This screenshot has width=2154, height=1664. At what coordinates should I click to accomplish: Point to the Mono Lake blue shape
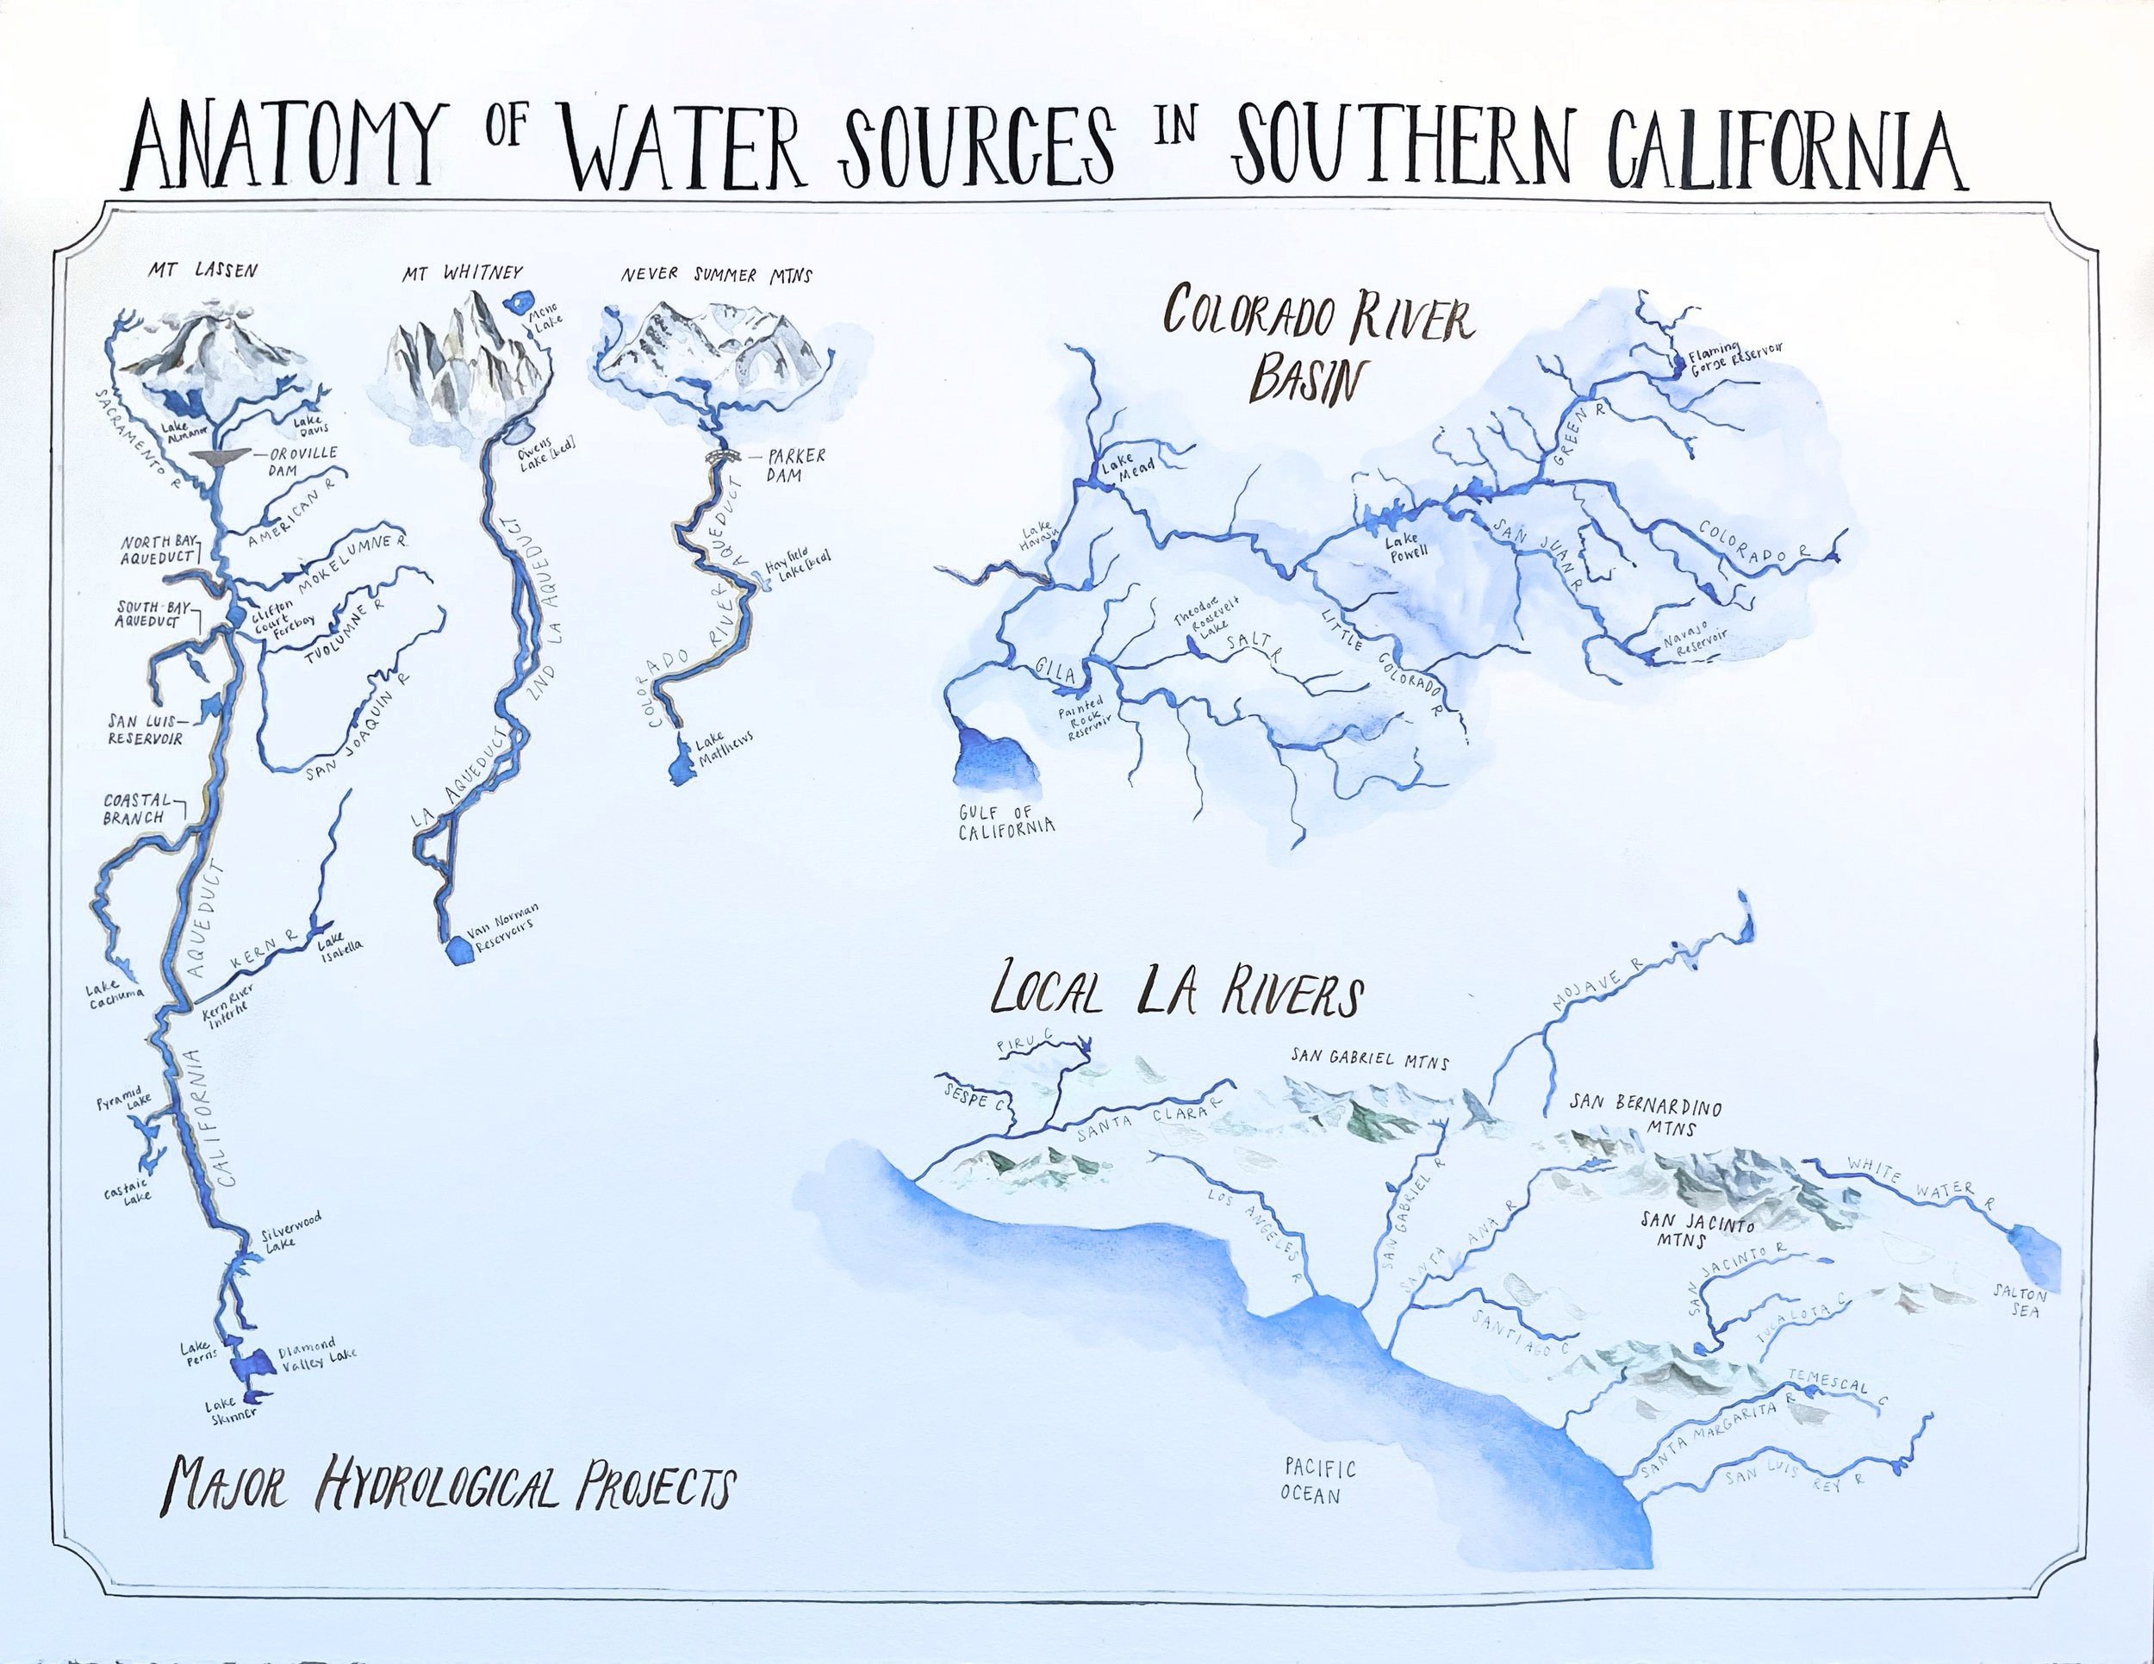pyautogui.click(x=517, y=300)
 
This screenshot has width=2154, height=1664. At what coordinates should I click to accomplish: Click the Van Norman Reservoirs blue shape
pyautogui.click(x=458, y=950)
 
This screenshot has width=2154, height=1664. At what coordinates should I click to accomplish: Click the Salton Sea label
pyautogui.click(x=2020, y=1301)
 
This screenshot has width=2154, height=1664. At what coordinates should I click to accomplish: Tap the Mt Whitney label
pyautogui.click(x=462, y=272)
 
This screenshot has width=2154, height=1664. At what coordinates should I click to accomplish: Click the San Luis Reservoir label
pyautogui.click(x=145, y=730)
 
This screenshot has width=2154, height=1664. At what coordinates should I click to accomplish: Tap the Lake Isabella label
pyautogui.click(x=339, y=943)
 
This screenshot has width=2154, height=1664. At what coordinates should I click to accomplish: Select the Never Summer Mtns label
pyautogui.click(x=716, y=275)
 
